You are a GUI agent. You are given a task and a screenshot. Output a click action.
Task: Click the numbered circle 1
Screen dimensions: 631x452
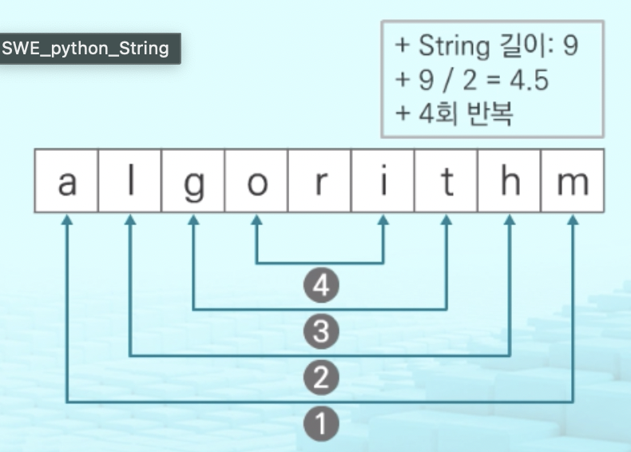[320, 423]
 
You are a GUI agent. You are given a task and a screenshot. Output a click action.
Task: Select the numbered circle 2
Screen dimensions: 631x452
[320, 378]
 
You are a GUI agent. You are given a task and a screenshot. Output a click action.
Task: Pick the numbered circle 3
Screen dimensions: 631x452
[320, 331]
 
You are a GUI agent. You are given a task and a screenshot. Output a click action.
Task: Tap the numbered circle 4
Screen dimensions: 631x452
[320, 285]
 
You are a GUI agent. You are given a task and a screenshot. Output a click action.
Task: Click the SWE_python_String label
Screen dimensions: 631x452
[85, 48]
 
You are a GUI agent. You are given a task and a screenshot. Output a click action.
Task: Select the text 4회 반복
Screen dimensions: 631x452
[465, 113]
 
